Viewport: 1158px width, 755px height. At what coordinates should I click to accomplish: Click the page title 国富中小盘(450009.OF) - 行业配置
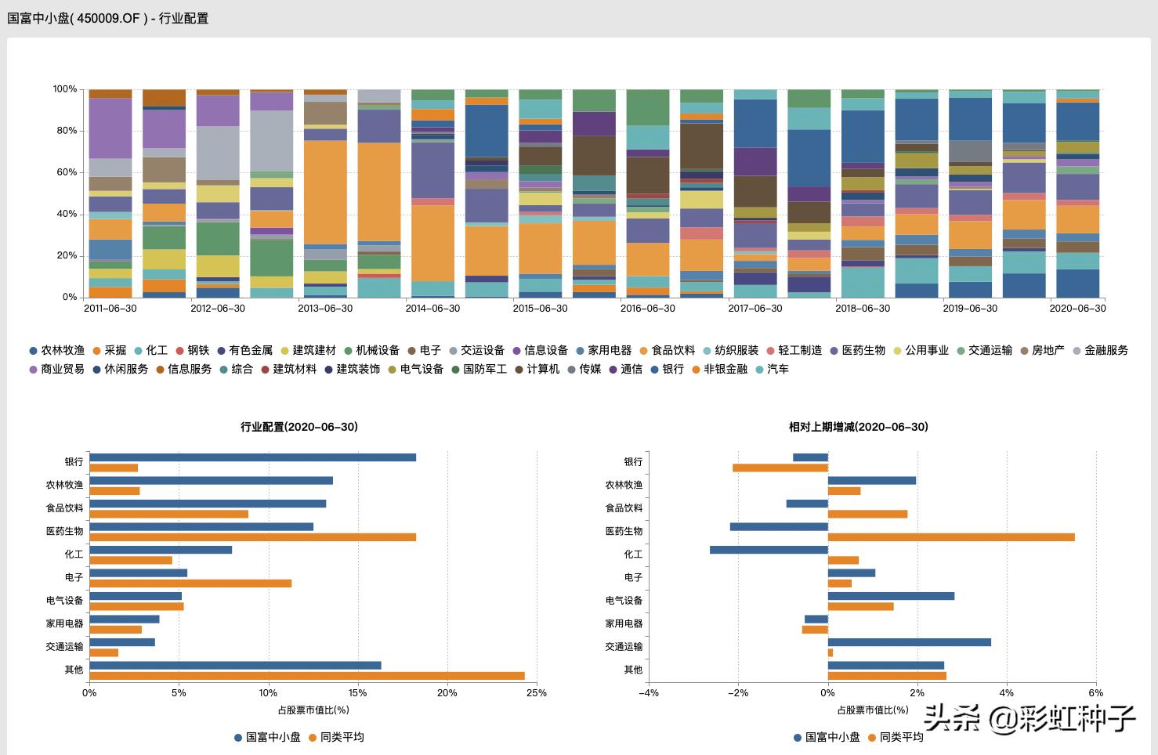pos(108,18)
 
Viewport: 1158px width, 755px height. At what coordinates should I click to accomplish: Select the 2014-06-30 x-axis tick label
pos(432,309)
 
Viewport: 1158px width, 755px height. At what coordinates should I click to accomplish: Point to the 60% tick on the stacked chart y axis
pos(65,172)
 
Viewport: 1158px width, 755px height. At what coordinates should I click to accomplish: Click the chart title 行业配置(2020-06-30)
pos(299,427)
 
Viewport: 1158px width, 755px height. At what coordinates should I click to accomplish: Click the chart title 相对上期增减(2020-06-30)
pos(859,427)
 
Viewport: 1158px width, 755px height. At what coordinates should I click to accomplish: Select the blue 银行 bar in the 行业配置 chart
pos(252,457)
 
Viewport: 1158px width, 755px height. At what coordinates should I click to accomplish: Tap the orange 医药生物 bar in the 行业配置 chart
pos(252,537)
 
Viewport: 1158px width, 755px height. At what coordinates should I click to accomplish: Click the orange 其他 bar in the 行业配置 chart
pos(307,676)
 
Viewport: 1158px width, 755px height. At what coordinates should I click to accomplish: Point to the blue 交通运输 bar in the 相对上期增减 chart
pos(909,642)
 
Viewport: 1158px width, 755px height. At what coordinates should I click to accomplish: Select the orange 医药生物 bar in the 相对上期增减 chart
pos(951,537)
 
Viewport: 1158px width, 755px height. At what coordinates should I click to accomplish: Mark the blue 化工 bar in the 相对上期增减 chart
pos(769,550)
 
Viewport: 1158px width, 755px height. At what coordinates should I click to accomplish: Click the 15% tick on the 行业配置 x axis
pos(357,693)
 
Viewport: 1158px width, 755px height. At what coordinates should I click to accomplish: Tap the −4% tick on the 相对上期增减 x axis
pos(648,693)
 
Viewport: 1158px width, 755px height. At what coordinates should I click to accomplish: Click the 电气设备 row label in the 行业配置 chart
pos(64,601)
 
